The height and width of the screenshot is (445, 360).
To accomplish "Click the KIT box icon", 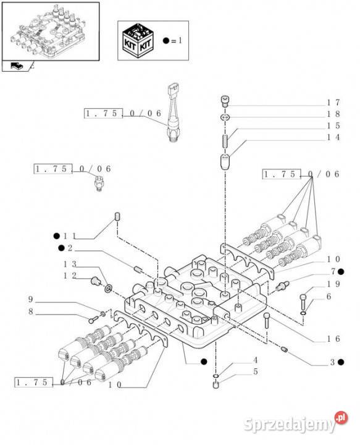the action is click(x=138, y=41).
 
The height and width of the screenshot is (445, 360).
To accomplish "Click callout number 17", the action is click(x=333, y=103).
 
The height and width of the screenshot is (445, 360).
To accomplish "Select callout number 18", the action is click(x=333, y=114).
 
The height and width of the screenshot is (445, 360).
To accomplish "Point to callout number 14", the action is click(x=333, y=137).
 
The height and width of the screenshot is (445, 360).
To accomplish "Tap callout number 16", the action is click(x=333, y=339).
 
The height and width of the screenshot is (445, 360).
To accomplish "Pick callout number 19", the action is click(x=333, y=284).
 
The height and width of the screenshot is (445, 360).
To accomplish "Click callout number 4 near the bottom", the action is click(x=256, y=360).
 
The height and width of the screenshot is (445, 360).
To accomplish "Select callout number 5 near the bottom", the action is click(x=256, y=372).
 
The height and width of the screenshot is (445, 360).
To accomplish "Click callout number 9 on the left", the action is click(x=31, y=299).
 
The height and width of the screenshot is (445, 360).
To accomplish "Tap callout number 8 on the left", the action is click(x=31, y=311).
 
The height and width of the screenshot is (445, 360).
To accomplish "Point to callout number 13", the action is click(x=70, y=265).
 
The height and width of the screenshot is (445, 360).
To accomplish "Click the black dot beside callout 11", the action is click(x=57, y=236).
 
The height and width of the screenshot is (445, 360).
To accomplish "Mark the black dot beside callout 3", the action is click(x=341, y=362).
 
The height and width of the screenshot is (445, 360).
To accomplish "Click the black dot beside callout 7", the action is click(x=341, y=271).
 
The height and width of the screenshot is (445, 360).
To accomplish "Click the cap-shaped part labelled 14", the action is click(x=225, y=162).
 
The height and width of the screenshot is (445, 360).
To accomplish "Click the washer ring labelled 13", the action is click(x=108, y=289).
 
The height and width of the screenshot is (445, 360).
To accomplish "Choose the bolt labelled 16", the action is click(x=267, y=321).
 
